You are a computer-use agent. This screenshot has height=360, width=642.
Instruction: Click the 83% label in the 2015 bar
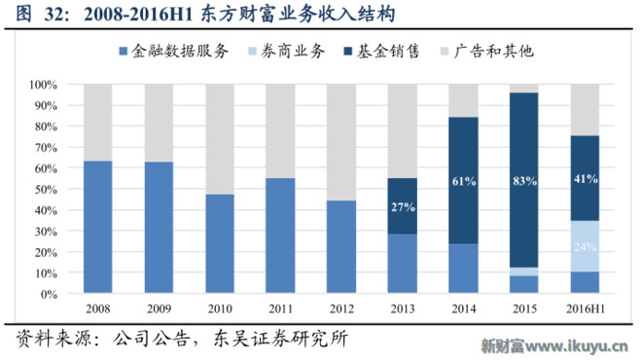point(524,180)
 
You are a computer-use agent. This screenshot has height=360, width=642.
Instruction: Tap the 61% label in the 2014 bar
point(463,180)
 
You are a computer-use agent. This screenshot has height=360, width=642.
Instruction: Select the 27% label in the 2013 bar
point(403,206)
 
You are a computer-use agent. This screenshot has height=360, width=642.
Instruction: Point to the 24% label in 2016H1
point(585,247)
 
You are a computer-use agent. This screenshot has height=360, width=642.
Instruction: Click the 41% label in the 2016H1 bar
point(585,179)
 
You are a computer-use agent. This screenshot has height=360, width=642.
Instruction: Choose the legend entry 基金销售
point(386,51)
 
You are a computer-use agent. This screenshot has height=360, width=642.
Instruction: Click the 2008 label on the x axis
point(98,308)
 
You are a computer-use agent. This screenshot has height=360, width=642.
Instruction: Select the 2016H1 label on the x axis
point(585,308)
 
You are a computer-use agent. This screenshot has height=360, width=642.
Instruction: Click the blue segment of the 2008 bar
point(98,227)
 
